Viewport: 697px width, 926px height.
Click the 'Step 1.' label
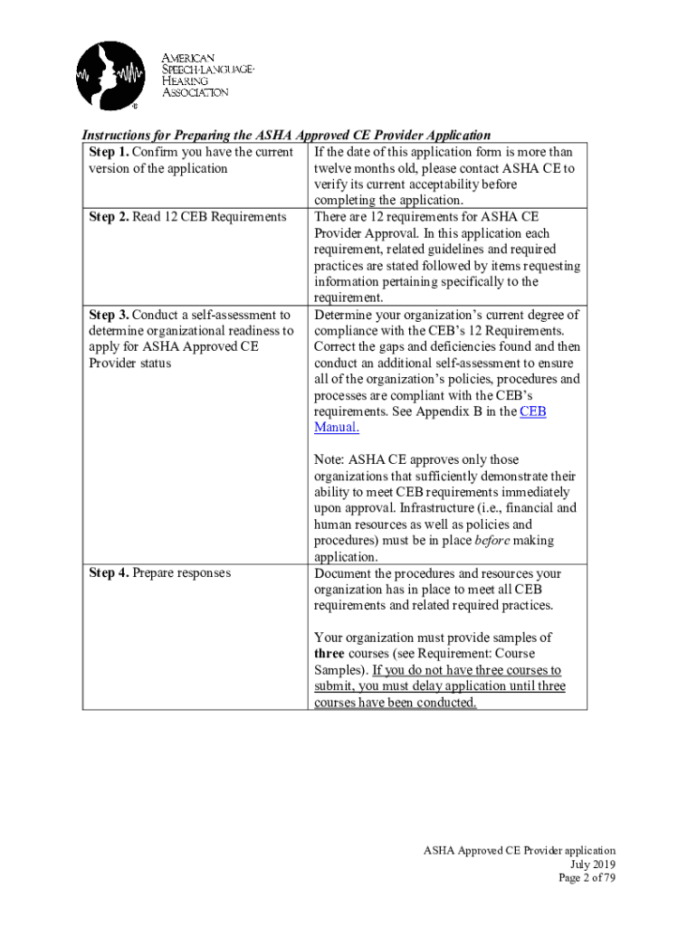tap(109, 152)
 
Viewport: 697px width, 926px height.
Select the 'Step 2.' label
tap(109, 217)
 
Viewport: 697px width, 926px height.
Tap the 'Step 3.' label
tap(109, 315)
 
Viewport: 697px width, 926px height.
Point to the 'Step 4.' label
tap(109, 573)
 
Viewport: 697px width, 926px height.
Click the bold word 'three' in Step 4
tap(331, 654)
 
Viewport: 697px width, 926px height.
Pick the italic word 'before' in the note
tap(492, 541)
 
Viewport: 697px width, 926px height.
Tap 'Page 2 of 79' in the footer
tap(587, 878)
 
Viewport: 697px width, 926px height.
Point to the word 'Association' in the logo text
tap(195, 91)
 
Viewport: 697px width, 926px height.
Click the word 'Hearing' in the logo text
tap(185, 80)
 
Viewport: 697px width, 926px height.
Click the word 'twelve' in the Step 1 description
tap(334, 168)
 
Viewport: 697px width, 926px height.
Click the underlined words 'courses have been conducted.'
tap(395, 703)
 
